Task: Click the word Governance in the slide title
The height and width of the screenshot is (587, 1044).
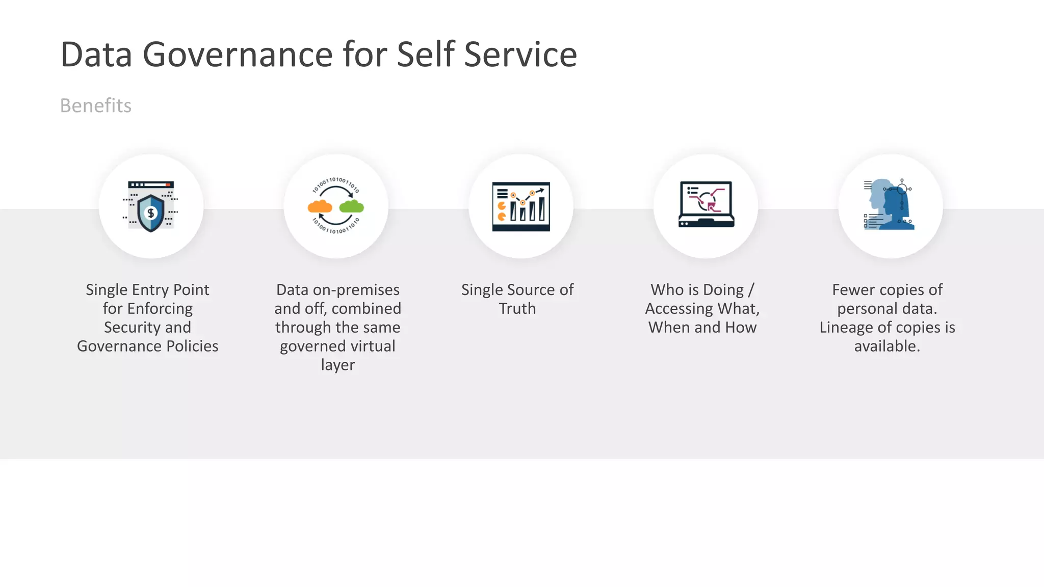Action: pos(237,55)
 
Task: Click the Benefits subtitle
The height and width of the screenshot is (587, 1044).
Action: pos(96,105)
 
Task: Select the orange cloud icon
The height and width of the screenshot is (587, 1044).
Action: pos(320,206)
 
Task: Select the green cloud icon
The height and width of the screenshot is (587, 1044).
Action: pos(352,206)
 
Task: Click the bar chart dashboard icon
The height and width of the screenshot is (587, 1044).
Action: pos(521,206)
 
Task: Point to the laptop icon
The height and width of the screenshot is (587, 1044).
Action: pos(706,204)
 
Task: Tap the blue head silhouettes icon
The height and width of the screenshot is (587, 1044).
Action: pos(890,204)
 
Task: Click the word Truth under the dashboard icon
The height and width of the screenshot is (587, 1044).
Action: pos(517,309)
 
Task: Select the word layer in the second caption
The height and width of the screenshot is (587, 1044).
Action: pos(338,365)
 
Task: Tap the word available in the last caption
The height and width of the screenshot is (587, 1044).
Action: pos(886,346)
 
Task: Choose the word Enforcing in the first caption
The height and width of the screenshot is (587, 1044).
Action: pos(160,309)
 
